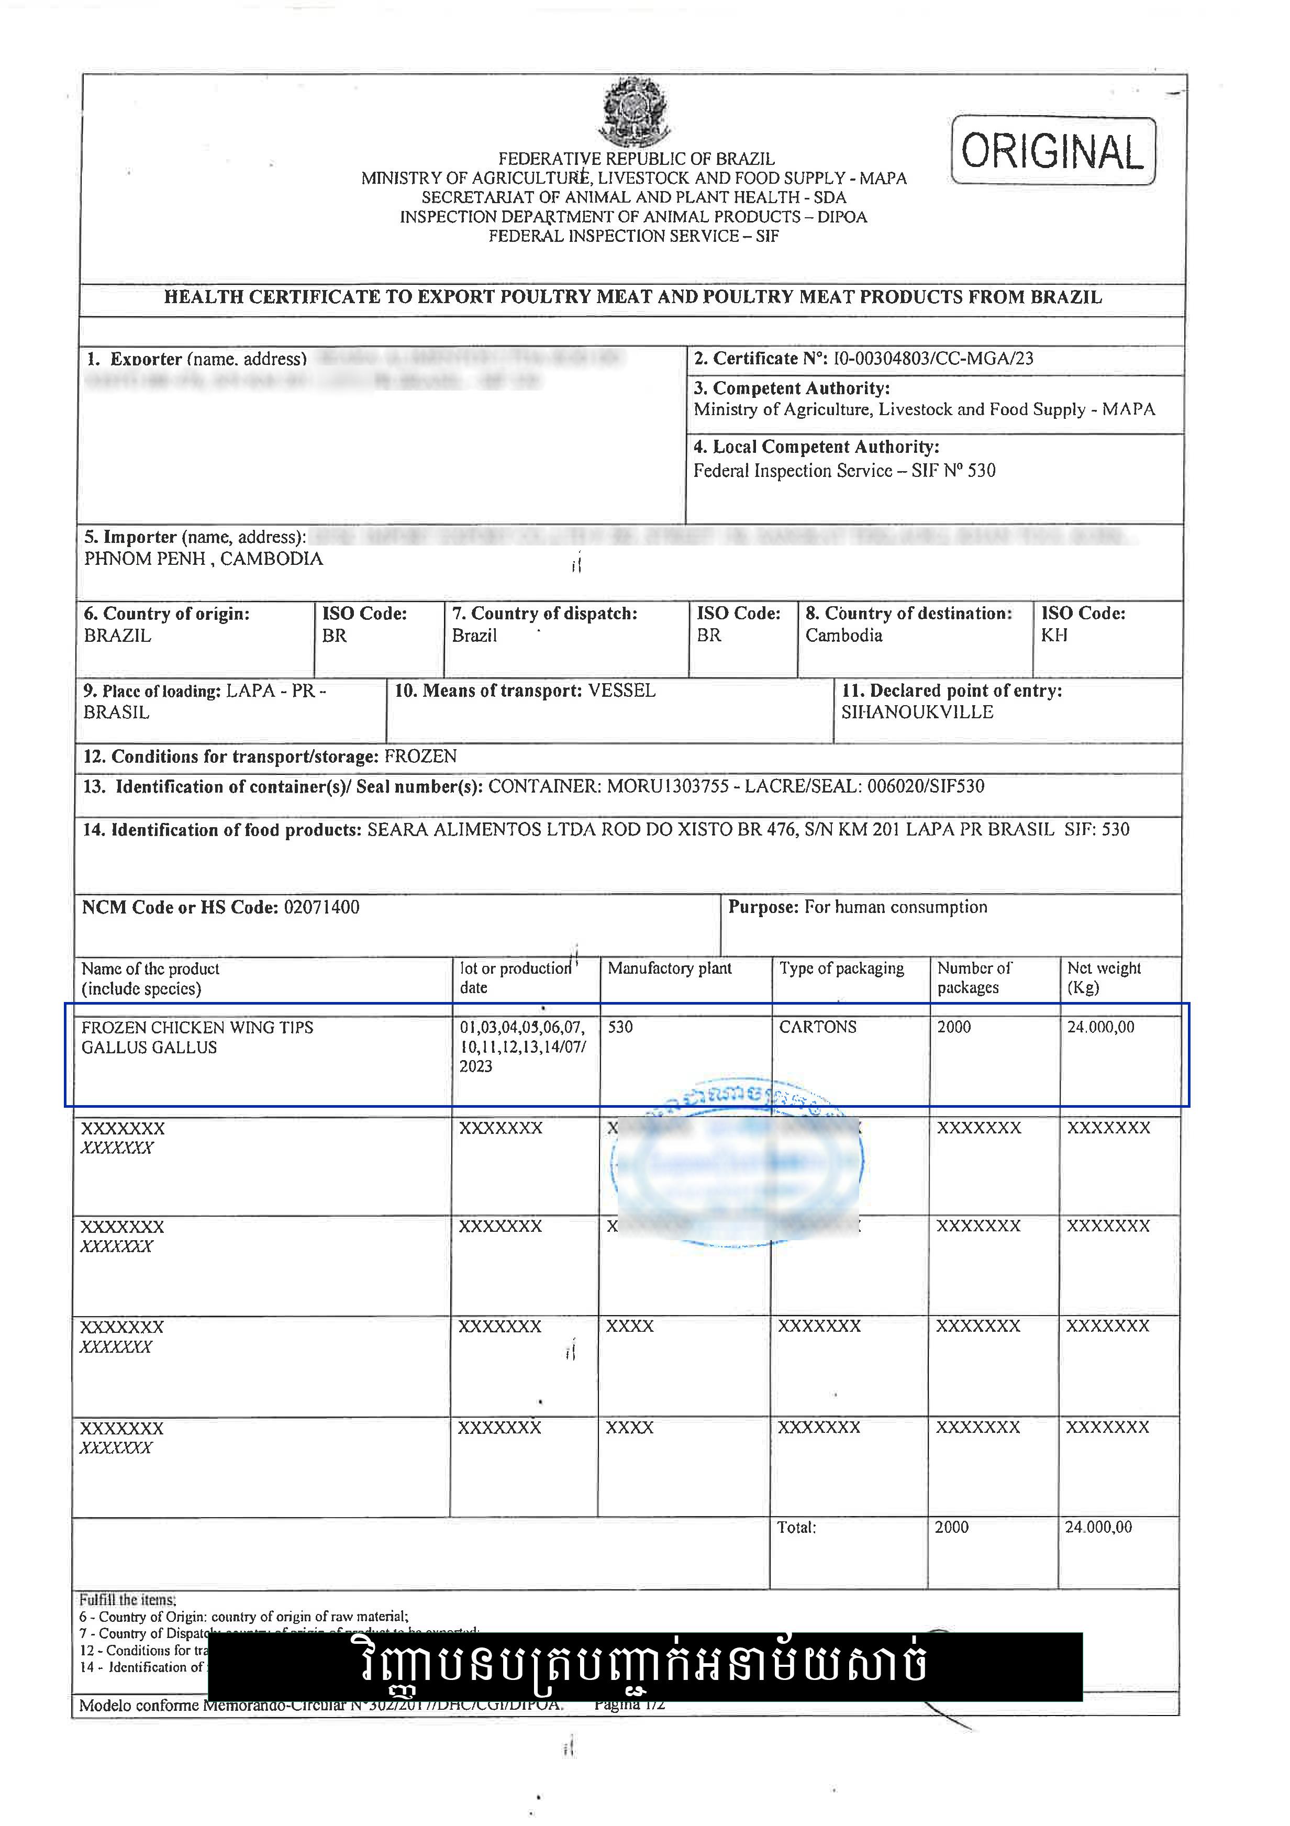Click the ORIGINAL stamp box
tap(1052, 151)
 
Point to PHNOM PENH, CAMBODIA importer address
tap(204, 559)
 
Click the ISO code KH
tap(1054, 636)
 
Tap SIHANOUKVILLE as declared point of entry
tap(917, 712)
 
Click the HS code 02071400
tap(321, 907)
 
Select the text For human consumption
tap(896, 907)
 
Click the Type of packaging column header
tap(841, 968)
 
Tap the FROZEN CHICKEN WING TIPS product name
tap(197, 1028)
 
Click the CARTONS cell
tap(818, 1028)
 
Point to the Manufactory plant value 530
tap(620, 1028)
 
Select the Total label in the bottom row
tap(797, 1528)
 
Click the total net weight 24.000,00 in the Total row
tap(1098, 1528)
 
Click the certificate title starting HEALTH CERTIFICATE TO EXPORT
tap(632, 297)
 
